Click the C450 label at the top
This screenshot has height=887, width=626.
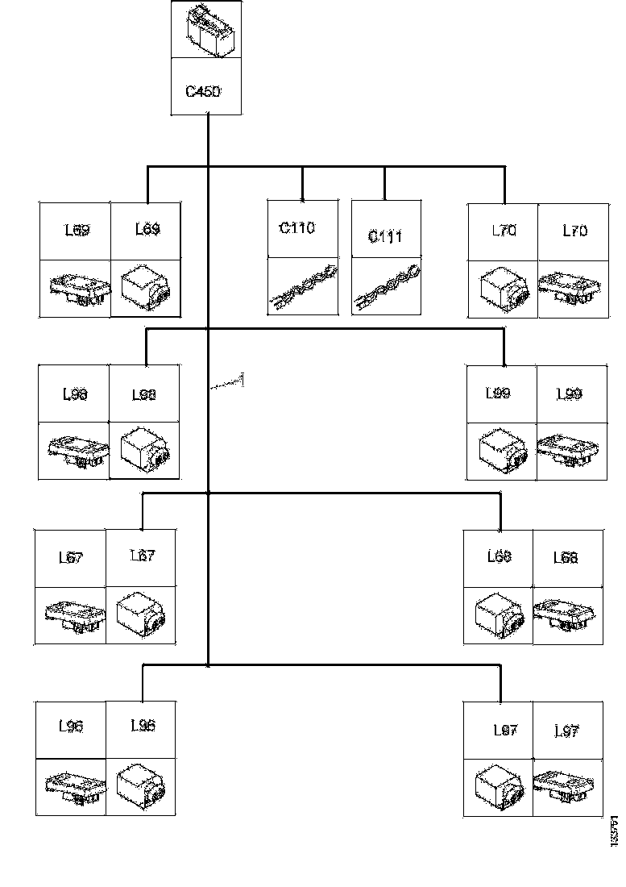click(203, 91)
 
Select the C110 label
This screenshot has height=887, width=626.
click(297, 228)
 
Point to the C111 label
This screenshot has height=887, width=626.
click(385, 236)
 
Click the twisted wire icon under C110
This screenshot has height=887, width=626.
click(302, 289)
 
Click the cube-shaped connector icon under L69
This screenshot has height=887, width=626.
click(144, 289)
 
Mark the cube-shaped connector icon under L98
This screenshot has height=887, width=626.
click(143, 451)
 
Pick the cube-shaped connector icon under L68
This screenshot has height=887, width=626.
click(499, 617)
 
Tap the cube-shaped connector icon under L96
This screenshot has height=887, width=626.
click(141, 785)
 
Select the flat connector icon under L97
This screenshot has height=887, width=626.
click(568, 787)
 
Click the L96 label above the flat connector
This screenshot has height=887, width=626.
click(71, 726)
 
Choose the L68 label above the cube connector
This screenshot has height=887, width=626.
click(500, 557)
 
